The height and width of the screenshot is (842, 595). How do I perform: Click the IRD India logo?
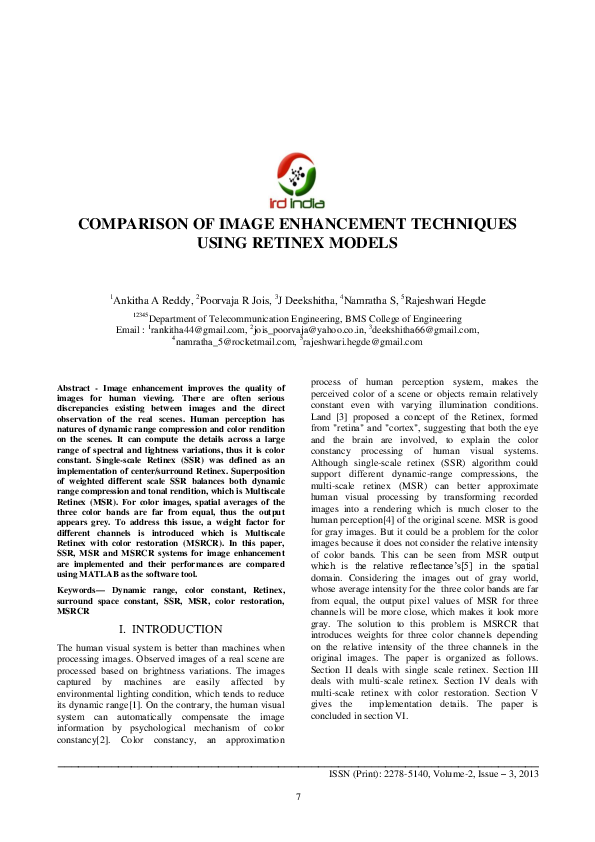click(x=297, y=177)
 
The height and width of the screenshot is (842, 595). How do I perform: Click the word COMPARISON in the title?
click(x=134, y=225)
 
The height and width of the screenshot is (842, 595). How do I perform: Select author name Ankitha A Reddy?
click(x=151, y=299)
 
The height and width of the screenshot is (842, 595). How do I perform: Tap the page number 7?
click(x=297, y=796)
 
